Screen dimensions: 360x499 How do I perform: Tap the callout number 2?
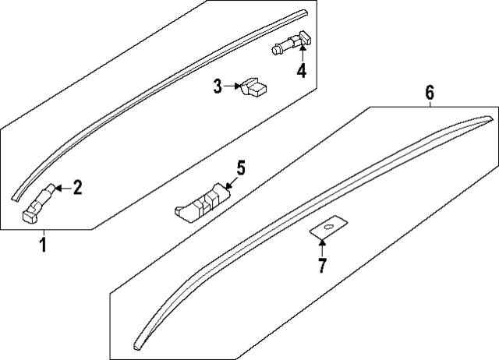(x=77, y=187)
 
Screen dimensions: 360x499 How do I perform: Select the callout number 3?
(x=218, y=86)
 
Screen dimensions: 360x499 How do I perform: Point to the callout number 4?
(x=301, y=72)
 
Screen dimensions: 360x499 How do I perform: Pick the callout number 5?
(x=240, y=167)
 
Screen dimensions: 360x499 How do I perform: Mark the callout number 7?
(x=322, y=265)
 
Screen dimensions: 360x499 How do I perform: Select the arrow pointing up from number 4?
(x=301, y=55)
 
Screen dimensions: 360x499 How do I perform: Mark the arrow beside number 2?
(x=62, y=187)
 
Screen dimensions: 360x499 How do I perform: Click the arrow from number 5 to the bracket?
(x=230, y=181)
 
